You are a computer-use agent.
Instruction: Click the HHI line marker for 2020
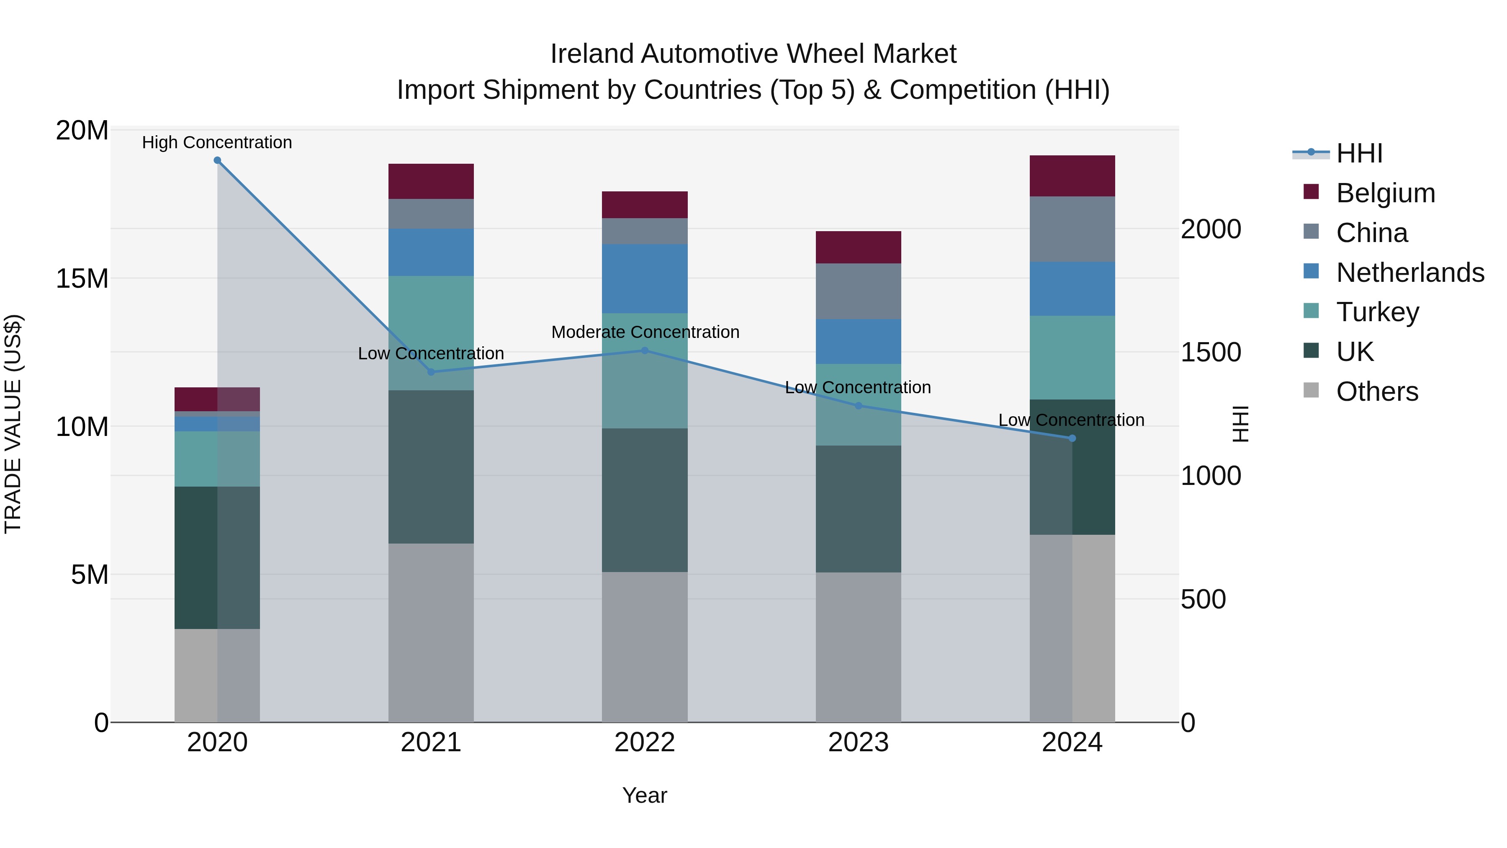point(217,160)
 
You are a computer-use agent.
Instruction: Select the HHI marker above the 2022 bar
point(645,351)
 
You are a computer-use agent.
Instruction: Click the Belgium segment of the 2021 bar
point(431,181)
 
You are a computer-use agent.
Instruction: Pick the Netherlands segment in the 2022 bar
point(645,278)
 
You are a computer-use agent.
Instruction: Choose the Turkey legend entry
point(1377,312)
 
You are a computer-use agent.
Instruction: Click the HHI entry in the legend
point(1359,153)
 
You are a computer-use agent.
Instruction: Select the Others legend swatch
point(1311,390)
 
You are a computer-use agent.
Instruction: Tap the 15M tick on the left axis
point(82,278)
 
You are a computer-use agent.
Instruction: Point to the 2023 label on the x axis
point(858,742)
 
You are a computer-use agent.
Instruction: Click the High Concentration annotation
point(217,142)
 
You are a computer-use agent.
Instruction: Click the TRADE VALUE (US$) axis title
point(13,424)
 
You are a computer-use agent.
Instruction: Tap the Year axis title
point(645,795)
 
